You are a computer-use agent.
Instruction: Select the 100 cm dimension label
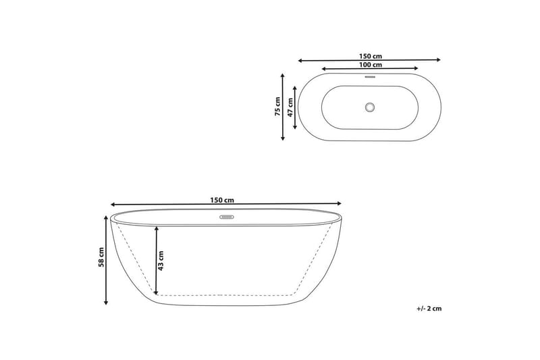(x=371, y=65)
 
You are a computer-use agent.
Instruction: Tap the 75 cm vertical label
(x=277, y=107)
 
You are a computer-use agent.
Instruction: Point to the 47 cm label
(x=290, y=107)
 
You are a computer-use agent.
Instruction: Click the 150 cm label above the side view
(x=222, y=200)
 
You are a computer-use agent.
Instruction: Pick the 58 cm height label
(x=101, y=261)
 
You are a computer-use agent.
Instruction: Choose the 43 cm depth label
(x=161, y=259)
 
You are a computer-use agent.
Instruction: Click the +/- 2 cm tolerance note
(x=429, y=309)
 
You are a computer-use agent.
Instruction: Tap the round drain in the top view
(x=369, y=107)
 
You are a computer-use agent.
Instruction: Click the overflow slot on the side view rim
(x=226, y=217)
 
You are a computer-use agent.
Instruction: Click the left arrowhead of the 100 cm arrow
(x=325, y=69)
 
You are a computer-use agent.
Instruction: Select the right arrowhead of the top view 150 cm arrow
(x=439, y=59)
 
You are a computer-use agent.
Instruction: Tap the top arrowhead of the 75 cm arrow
(x=283, y=76)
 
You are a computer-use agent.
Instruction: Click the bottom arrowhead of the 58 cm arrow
(x=106, y=303)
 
